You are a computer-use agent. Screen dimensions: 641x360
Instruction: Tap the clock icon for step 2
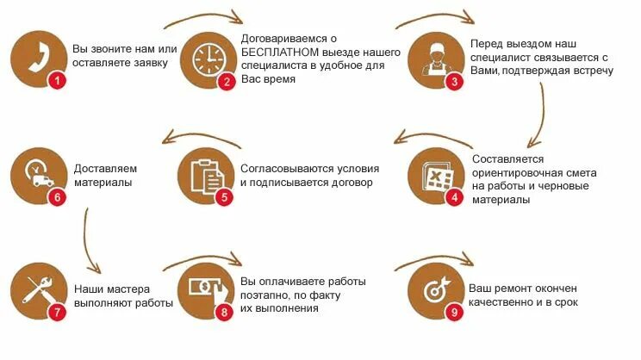point(206,59)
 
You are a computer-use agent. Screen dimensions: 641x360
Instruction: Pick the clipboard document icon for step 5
point(205,176)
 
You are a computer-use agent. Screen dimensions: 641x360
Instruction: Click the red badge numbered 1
point(57,81)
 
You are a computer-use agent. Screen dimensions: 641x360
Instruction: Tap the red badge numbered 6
point(57,196)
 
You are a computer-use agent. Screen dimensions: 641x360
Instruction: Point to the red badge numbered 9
point(453,312)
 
